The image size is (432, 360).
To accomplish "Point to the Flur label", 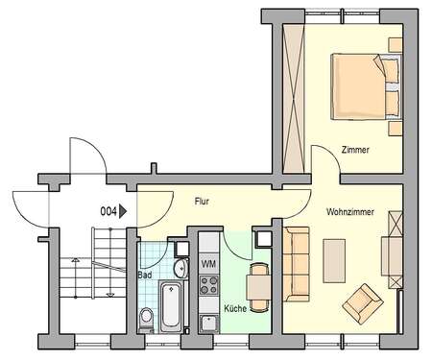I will coord(202,202).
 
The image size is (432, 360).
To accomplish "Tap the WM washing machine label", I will coord(208,263).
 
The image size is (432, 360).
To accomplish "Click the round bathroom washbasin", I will coord(180,270).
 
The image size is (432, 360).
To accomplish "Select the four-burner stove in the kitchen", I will coord(208,284).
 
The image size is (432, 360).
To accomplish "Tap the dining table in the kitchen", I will coord(255,283).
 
